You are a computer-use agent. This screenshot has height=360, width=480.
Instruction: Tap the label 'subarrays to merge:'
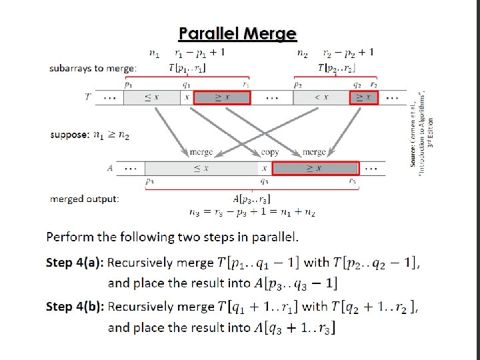coord(93,68)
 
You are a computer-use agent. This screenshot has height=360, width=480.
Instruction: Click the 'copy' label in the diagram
coord(271,152)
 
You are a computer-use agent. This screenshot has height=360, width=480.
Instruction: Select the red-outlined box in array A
coord(315,168)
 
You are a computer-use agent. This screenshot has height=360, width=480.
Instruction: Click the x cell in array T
coord(187,97)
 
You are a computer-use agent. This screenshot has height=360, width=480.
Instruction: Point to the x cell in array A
coord(265,168)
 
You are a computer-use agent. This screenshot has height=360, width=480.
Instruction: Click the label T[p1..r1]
coord(187,67)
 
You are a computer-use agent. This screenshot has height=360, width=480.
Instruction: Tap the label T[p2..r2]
coord(337,67)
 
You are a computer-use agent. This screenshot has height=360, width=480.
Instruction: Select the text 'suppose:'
coord(69,135)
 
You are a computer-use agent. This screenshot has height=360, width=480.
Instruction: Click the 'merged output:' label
coord(85,199)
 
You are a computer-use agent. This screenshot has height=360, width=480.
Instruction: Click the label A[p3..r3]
coord(251,199)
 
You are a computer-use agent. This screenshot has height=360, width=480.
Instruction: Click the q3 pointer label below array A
coord(265,181)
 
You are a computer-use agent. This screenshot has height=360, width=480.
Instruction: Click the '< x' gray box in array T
coord(321,97)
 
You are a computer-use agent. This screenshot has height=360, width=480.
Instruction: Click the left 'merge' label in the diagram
coord(201,152)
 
